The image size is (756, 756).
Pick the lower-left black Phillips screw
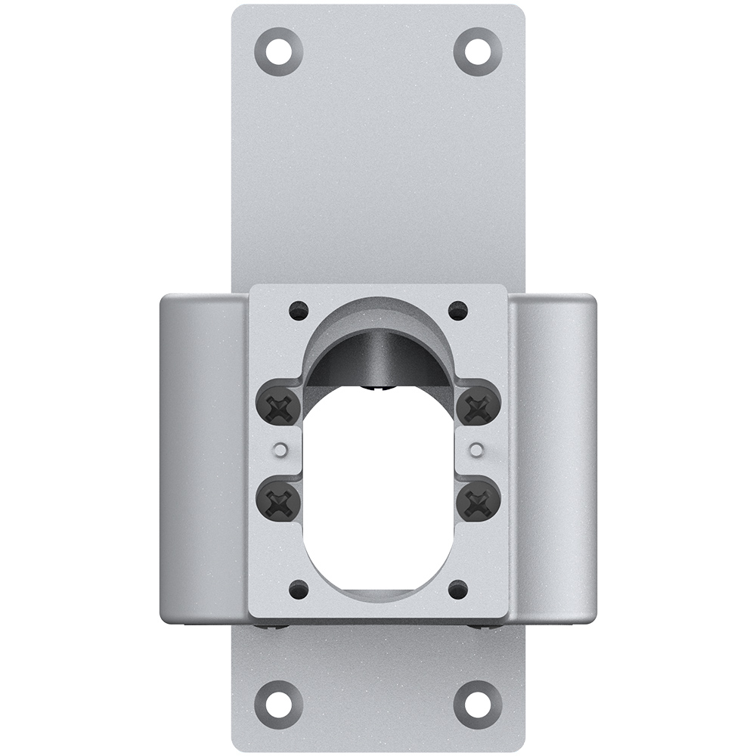tap(280, 500)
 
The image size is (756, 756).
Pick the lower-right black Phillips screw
tap(479, 500)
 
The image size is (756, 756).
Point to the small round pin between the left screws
tap(280, 451)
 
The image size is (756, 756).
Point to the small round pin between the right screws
tap(476, 451)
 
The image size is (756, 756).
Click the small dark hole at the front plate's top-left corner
tap(299, 310)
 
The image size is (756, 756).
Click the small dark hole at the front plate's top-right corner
tap(457, 310)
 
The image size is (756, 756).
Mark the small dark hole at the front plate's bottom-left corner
tap(299, 587)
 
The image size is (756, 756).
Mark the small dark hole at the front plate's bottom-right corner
tap(457, 587)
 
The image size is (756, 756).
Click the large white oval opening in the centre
tap(378, 491)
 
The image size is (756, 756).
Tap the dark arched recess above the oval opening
tap(378, 355)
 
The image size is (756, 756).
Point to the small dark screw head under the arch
tap(378, 389)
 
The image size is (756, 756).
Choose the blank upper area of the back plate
tap(378, 166)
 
